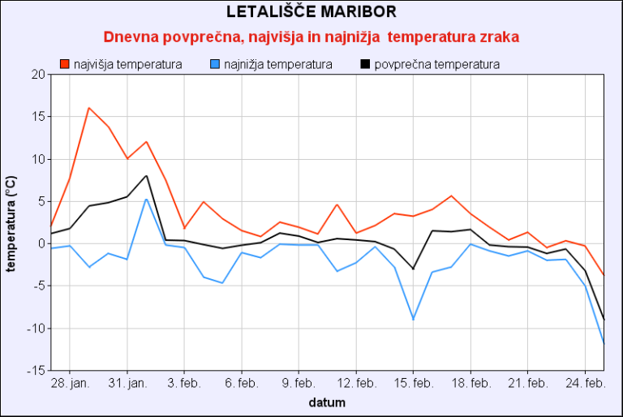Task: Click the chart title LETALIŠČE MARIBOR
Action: coord(311,12)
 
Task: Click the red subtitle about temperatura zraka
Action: coord(311,37)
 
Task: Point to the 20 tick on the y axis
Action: coord(38,75)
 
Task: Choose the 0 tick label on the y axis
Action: coord(41,243)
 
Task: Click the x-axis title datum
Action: coord(327,402)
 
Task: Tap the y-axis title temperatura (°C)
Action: coord(11,223)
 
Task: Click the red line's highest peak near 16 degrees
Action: coord(88,108)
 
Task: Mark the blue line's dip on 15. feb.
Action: coord(414,320)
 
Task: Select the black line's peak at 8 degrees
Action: coord(146,176)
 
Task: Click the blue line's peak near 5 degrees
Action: coord(146,199)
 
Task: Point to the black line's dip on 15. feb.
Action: coord(414,269)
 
